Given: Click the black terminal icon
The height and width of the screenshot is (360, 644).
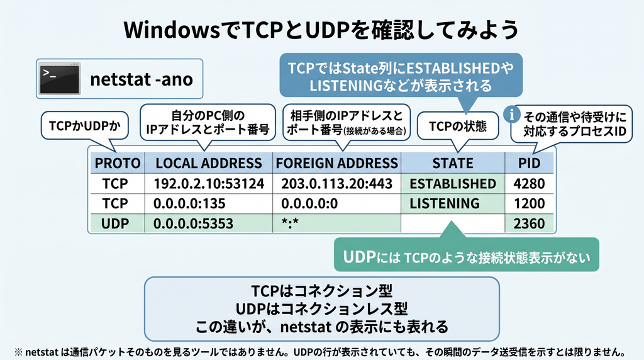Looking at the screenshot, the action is [x=60, y=79].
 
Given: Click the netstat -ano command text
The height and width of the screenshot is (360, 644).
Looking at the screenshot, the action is [x=142, y=79].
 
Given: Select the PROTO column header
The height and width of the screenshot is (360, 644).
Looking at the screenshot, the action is [x=118, y=163].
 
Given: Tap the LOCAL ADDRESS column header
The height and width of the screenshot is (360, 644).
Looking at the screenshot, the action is [x=209, y=163].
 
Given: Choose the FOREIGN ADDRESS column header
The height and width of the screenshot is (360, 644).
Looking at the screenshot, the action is [x=337, y=163].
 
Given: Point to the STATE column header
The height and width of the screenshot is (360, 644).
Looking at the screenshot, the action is [x=453, y=163].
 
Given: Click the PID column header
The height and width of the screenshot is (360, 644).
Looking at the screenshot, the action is [x=529, y=163].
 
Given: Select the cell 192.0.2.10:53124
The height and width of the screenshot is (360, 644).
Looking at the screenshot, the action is [x=209, y=184].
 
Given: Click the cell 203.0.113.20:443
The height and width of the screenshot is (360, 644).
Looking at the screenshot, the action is [x=337, y=184].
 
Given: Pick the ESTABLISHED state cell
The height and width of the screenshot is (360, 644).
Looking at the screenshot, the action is [x=453, y=184].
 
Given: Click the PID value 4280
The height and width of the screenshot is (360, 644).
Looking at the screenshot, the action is [x=529, y=184].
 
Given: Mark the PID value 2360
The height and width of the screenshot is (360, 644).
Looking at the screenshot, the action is [x=529, y=223].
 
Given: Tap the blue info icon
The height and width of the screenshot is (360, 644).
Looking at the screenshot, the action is [x=512, y=115].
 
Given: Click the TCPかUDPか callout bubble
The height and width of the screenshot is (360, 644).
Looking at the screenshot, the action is [x=85, y=126].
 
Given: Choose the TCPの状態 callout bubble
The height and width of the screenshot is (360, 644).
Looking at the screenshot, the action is [x=458, y=126].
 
